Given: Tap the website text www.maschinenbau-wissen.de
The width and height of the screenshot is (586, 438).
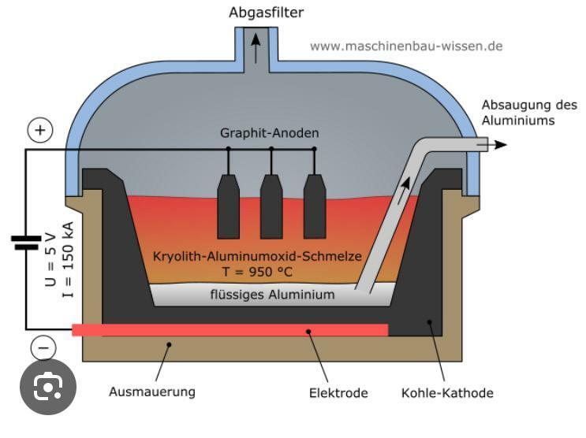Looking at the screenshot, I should [405, 46].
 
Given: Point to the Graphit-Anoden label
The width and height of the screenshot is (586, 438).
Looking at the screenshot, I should [269, 132].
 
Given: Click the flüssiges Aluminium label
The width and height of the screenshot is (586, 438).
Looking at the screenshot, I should [272, 295].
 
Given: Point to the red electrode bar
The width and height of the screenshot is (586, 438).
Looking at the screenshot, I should [230, 329].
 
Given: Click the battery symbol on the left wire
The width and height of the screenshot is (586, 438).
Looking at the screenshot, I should [25, 242].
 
